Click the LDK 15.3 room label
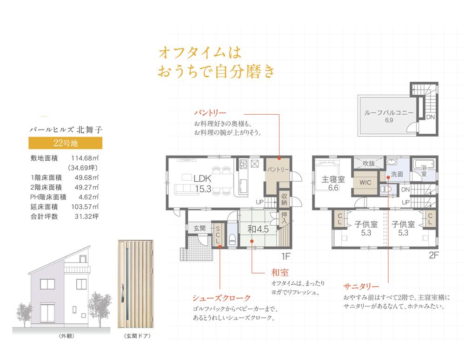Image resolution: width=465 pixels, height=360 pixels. [203, 183]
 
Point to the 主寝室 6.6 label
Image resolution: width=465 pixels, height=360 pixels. [333, 183]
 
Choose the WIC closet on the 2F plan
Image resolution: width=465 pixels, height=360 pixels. [365, 183]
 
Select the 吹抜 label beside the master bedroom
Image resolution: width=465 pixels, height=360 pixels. [369, 163]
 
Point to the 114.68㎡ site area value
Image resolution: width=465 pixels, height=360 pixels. [85, 158]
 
